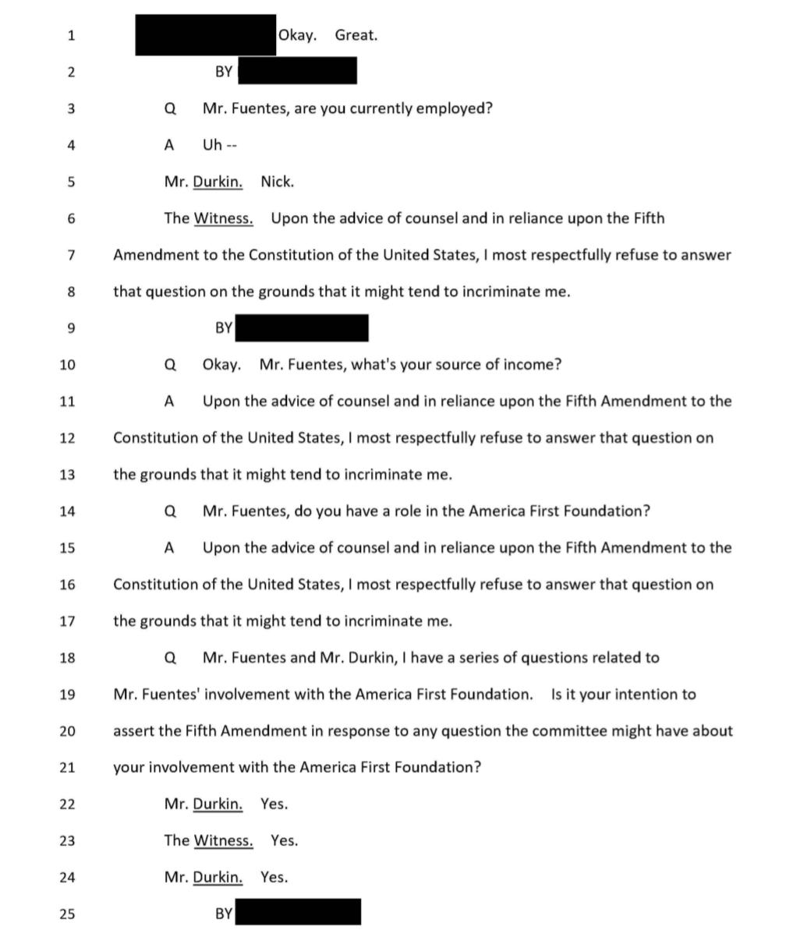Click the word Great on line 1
tap(356, 35)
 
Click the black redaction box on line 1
tap(205, 35)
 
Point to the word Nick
tap(277, 182)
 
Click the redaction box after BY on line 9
tap(302, 328)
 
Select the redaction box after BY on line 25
tap(298, 912)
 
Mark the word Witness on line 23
tap(223, 840)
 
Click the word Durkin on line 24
tap(217, 877)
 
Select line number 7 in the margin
tap(70, 255)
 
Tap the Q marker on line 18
tap(170, 657)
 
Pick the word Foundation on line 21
tap(435, 767)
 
